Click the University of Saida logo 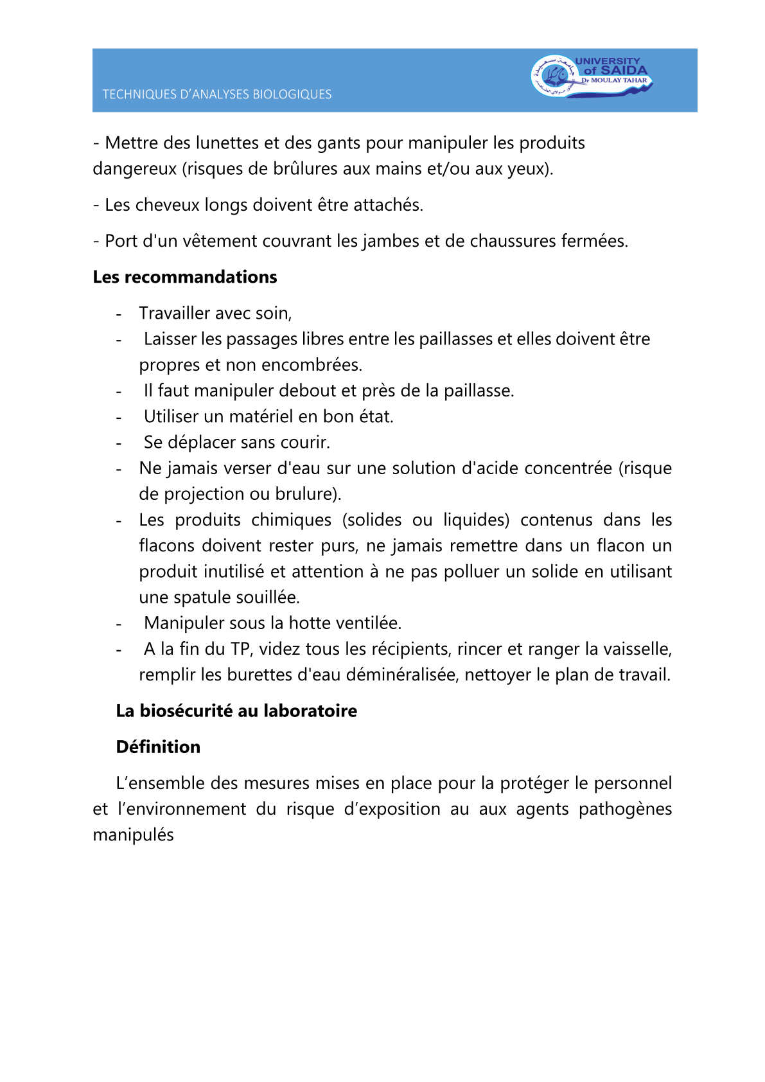(591, 76)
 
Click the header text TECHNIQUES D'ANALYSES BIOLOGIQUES (217, 94)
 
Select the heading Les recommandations (185, 277)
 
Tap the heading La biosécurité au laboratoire (236, 711)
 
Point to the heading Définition (158, 747)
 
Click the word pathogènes (625, 809)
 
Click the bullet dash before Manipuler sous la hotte (119, 624)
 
